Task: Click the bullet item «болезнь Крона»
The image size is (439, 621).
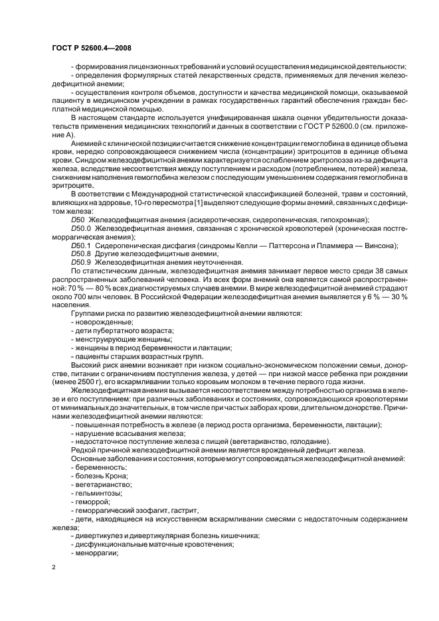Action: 100,476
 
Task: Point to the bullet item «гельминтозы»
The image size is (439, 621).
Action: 98,493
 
